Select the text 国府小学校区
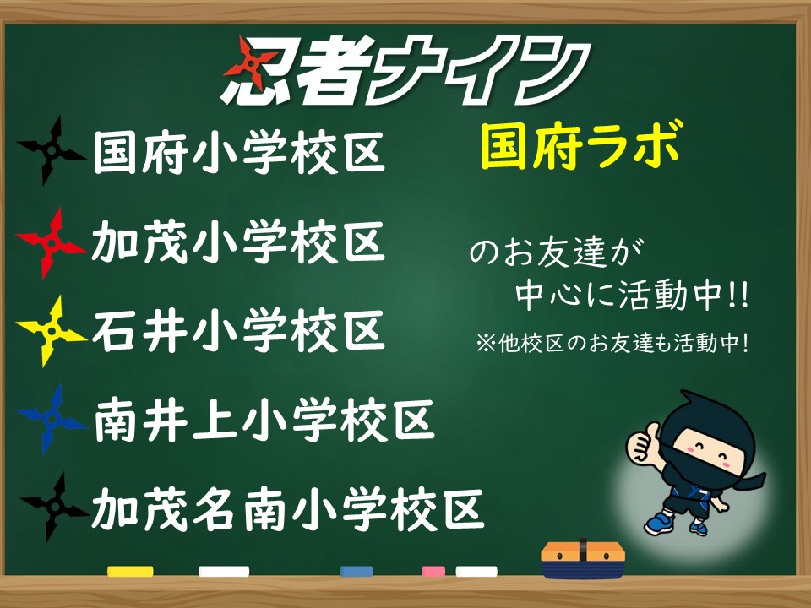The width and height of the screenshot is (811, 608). (x=239, y=153)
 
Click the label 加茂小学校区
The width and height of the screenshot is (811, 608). (x=238, y=242)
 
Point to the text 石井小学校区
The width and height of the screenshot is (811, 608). (x=238, y=331)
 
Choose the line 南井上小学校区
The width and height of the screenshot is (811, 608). (x=264, y=420)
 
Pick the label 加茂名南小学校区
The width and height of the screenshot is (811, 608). (x=288, y=509)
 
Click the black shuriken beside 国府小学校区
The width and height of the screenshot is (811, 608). (x=51, y=150)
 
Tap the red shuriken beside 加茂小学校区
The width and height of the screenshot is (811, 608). (x=51, y=243)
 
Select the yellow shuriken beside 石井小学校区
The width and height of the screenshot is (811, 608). (x=51, y=331)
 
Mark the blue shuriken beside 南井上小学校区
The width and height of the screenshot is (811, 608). (x=51, y=419)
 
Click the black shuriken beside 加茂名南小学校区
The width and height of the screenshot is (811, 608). (x=54, y=508)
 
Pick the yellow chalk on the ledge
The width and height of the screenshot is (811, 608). (x=130, y=572)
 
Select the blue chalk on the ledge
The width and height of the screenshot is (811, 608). (x=357, y=572)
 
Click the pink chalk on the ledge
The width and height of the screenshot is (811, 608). (x=433, y=572)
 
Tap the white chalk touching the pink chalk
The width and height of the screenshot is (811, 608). (x=476, y=572)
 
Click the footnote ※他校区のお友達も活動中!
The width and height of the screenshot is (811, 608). (x=612, y=344)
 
